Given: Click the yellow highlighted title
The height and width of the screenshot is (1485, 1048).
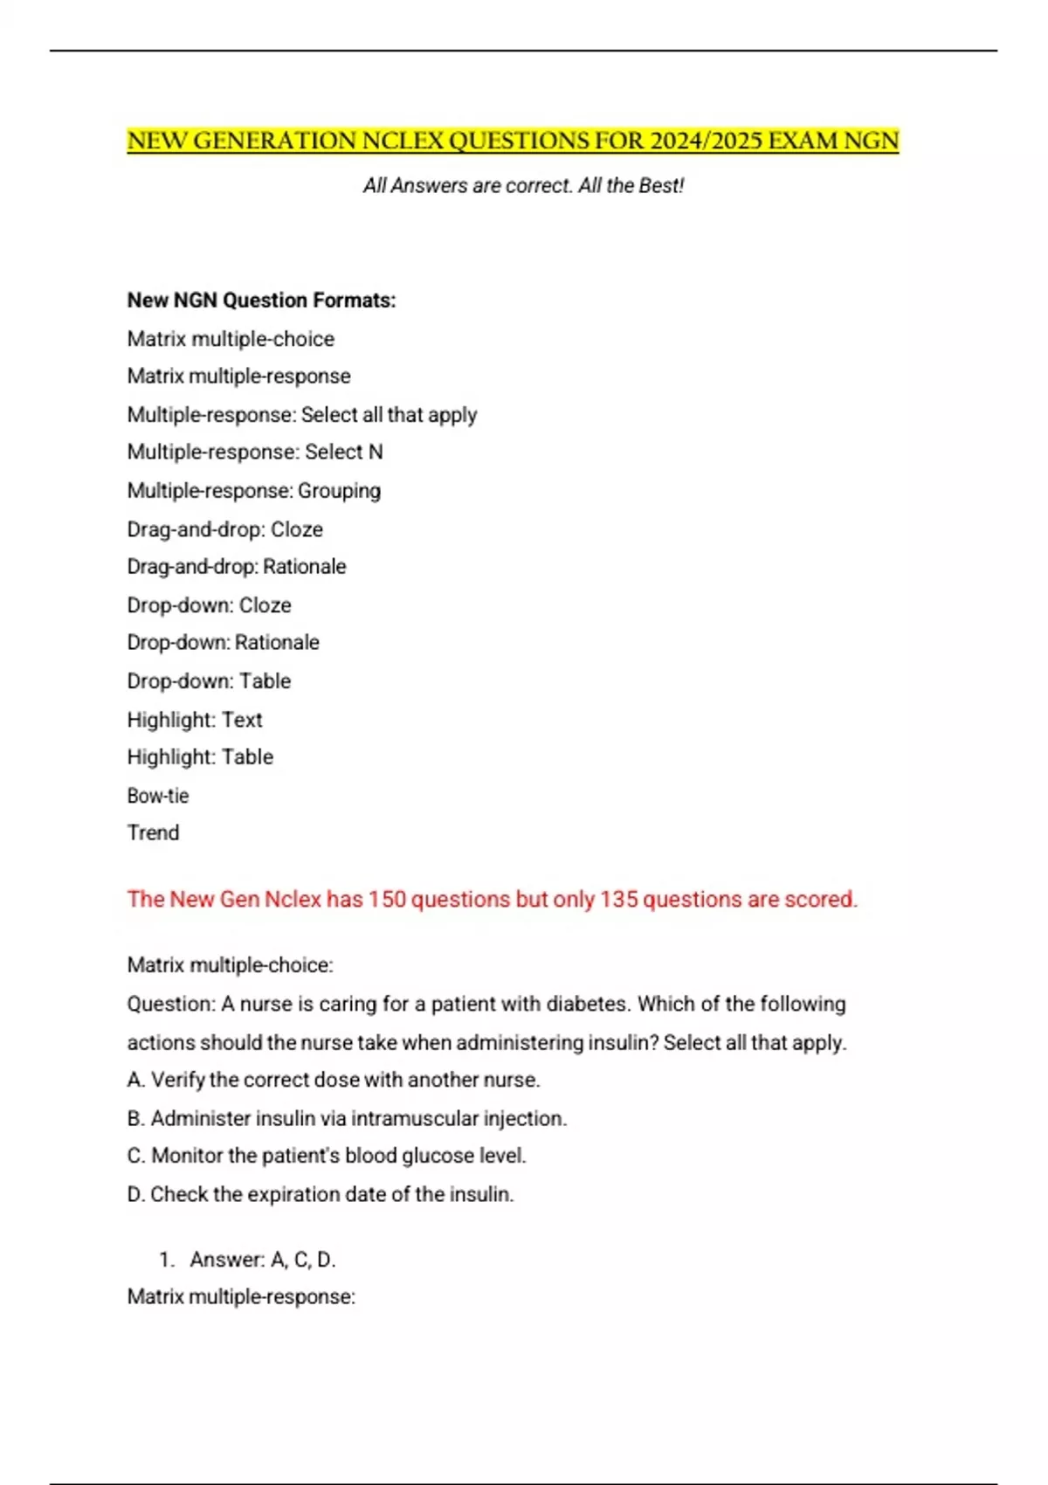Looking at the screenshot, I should point(513,142).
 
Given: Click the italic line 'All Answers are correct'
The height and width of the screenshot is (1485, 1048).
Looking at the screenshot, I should point(523,186).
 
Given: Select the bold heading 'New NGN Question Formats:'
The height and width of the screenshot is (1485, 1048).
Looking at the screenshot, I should point(261,300).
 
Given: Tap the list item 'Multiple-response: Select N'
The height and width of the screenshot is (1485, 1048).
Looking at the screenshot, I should point(255,452).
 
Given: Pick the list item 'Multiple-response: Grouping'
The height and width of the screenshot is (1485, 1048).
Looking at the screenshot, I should point(254,491).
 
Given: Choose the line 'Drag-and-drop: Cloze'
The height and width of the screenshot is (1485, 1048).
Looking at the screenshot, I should point(224,529).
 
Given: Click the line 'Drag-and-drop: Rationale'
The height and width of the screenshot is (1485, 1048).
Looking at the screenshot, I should point(237,567).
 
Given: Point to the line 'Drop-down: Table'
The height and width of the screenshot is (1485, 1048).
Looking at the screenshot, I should point(209,681).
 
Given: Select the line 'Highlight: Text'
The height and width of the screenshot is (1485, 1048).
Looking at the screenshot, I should point(195,720).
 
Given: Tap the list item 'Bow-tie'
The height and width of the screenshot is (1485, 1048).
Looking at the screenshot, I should point(158,796).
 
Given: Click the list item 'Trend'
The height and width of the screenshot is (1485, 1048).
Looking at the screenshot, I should point(153,833).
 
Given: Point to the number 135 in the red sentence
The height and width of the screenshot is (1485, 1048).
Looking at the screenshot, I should point(618,900).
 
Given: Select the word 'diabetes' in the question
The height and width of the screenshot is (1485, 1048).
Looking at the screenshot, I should point(586,1005).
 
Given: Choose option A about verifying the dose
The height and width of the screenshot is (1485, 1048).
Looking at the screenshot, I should point(334,1081).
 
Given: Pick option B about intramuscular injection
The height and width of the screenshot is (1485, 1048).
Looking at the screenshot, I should point(347,1119).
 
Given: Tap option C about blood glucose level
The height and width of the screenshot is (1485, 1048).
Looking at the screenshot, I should point(327,1157).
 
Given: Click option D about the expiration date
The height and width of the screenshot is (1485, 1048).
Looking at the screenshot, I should point(321,1195).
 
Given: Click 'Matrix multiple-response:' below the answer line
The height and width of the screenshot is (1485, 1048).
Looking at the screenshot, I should point(241,1297).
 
